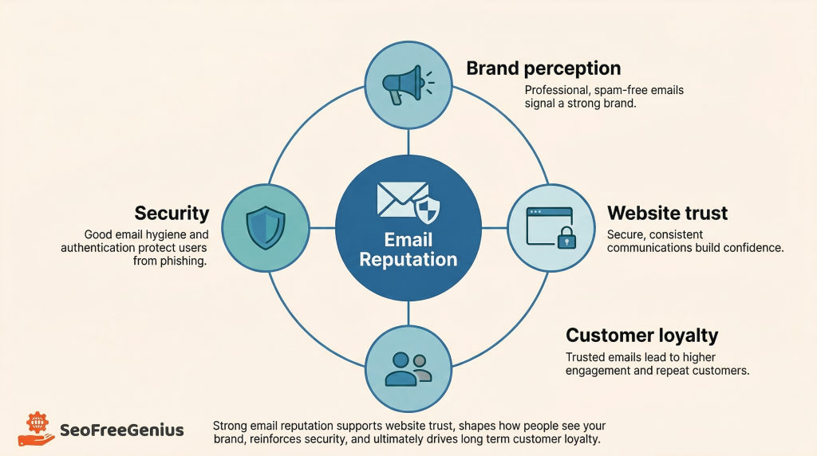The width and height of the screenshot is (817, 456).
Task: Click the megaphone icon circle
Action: pos(408,81)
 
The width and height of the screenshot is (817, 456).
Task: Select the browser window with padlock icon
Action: pos(549,226)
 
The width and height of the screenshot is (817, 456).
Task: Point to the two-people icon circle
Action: pos(408,368)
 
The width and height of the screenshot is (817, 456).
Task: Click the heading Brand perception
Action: pos(543,68)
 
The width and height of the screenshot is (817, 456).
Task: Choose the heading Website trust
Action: pos(667,213)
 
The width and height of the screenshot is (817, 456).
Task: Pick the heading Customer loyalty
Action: pos(641,335)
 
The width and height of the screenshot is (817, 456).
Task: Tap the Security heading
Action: pos(172,213)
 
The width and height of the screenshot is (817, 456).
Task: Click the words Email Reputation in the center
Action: pos(408,250)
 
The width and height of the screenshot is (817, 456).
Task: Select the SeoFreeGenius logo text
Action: pos(122,430)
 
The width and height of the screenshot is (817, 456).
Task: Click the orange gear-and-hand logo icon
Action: pos(37,430)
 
